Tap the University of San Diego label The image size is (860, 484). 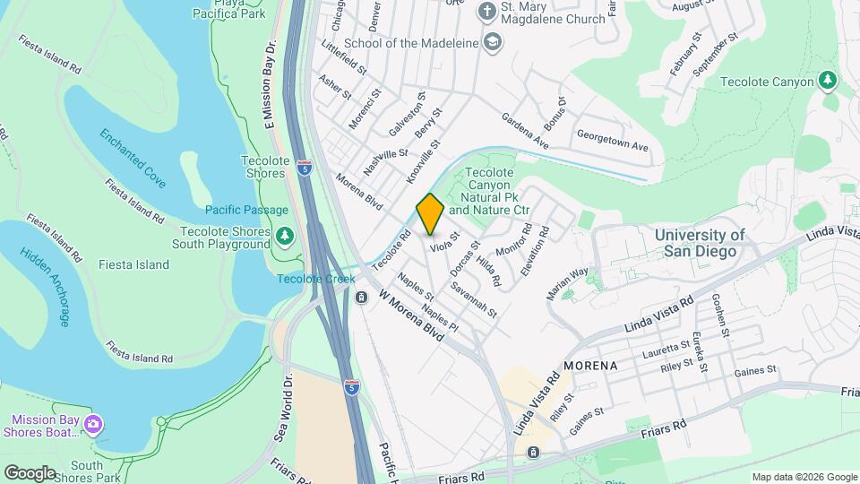click(x=699, y=243)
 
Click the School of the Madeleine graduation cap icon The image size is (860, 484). click(x=493, y=42)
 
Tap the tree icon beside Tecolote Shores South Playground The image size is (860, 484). click(x=285, y=237)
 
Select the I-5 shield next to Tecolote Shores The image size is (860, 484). click(x=306, y=168)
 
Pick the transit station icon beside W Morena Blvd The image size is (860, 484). click(x=361, y=298)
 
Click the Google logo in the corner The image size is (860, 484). click(x=30, y=472)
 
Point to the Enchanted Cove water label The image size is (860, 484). click(x=133, y=158)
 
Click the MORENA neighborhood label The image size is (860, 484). click(x=590, y=367)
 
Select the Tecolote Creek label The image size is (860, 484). click(x=316, y=279)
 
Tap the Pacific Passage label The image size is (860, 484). click(x=246, y=210)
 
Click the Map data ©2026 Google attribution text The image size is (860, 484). click(x=804, y=477)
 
